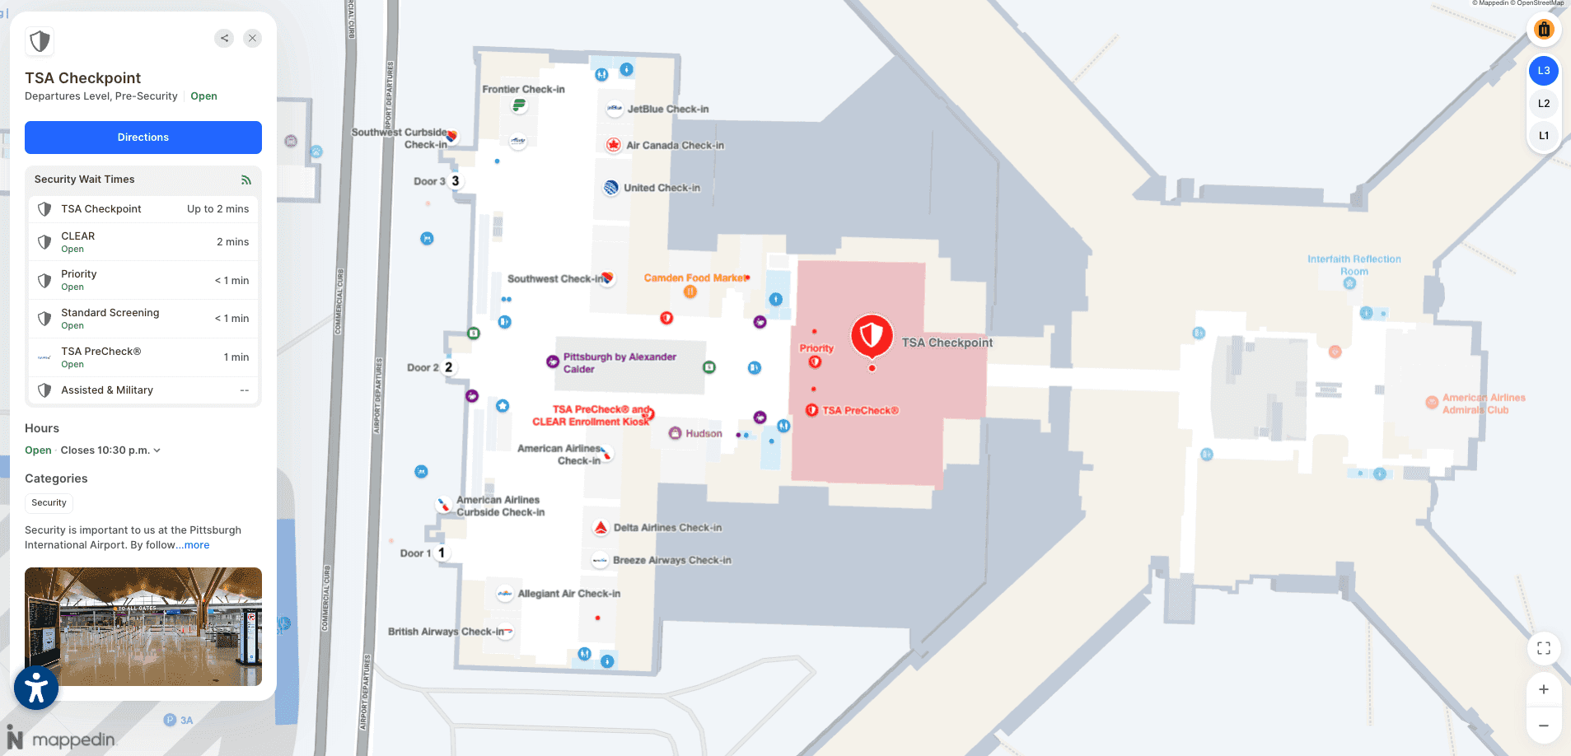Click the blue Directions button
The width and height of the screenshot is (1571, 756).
click(x=143, y=138)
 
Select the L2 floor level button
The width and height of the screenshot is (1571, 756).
click(x=1543, y=104)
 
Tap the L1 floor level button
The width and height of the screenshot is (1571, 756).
click(x=1543, y=136)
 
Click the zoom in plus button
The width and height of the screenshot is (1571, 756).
click(x=1543, y=689)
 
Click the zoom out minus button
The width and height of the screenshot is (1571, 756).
click(x=1543, y=726)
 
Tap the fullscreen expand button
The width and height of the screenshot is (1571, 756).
click(x=1543, y=648)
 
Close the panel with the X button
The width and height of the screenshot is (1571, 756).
click(x=252, y=38)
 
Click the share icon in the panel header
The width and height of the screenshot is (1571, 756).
click(x=224, y=38)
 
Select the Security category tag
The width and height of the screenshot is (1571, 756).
click(x=49, y=502)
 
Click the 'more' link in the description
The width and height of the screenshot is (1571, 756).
click(x=197, y=545)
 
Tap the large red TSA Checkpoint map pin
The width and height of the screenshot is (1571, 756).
click(x=872, y=336)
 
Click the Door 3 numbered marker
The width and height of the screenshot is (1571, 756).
click(x=455, y=181)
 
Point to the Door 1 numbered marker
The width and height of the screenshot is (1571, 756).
click(x=442, y=553)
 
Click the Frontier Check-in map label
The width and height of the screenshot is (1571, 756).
click(x=523, y=90)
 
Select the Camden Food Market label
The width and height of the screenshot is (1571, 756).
click(x=694, y=278)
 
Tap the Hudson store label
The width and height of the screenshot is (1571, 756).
click(x=703, y=433)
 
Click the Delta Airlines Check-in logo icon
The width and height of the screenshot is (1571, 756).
click(x=601, y=528)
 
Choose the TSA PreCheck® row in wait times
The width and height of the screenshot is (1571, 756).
click(x=143, y=357)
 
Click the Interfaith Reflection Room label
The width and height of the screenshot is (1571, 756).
click(x=1354, y=264)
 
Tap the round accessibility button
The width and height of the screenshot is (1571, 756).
click(x=36, y=688)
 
